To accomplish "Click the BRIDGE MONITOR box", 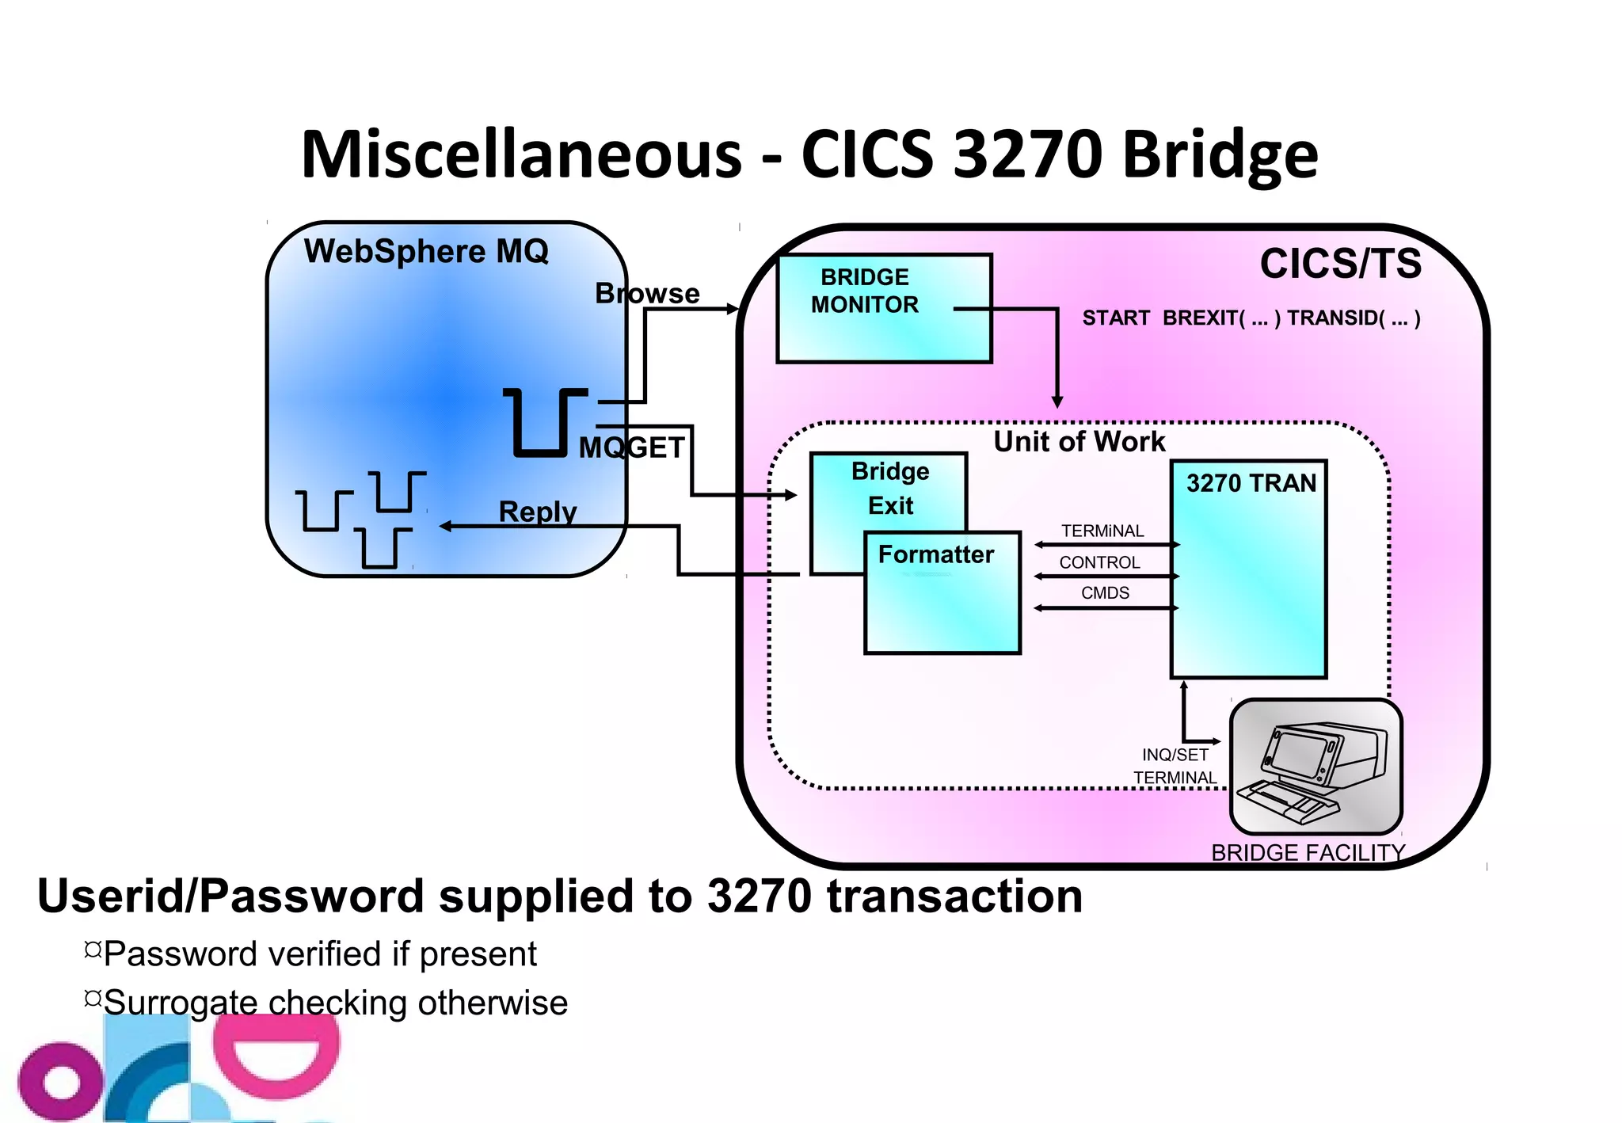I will pos(884,308).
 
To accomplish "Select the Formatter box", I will pos(942,593).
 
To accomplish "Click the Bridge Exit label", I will pos(889,488).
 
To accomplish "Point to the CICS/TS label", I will pos(1340,264).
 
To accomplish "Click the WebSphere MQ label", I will pos(426,252).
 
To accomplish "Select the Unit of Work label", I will pos(1079,442).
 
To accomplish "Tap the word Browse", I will pos(647,294).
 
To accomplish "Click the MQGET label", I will pos(631,448).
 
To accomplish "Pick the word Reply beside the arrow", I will pos(538,512).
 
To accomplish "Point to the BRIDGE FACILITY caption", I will pos(1308,853).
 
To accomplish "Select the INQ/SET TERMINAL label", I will pos(1175,766).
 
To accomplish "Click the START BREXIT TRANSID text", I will pos(1251,318).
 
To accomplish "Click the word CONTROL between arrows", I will pos(1099,562).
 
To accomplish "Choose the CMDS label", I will pos(1105,593).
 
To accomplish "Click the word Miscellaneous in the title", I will pos(521,154).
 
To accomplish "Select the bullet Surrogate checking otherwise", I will pos(335,1003).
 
